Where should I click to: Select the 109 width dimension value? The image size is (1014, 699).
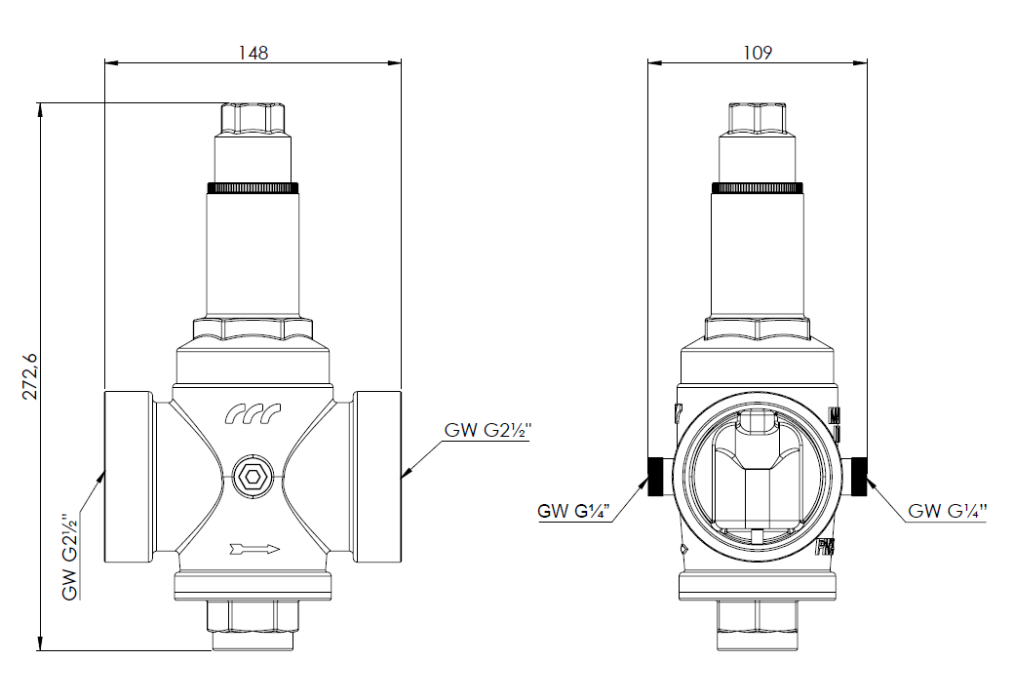click(757, 53)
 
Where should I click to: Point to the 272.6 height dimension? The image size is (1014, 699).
click(30, 375)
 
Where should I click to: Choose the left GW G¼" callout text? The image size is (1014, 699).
click(573, 510)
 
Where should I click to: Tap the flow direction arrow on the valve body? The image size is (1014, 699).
click(254, 549)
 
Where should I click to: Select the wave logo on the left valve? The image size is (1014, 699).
click(253, 414)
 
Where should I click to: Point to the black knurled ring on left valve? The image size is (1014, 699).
click(253, 187)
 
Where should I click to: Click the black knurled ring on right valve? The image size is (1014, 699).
click(758, 187)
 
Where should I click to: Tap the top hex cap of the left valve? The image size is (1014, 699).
click(253, 118)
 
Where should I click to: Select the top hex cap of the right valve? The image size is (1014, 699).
click(758, 118)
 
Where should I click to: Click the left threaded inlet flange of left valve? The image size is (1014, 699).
click(128, 476)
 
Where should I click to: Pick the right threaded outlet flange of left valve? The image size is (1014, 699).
click(377, 476)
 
